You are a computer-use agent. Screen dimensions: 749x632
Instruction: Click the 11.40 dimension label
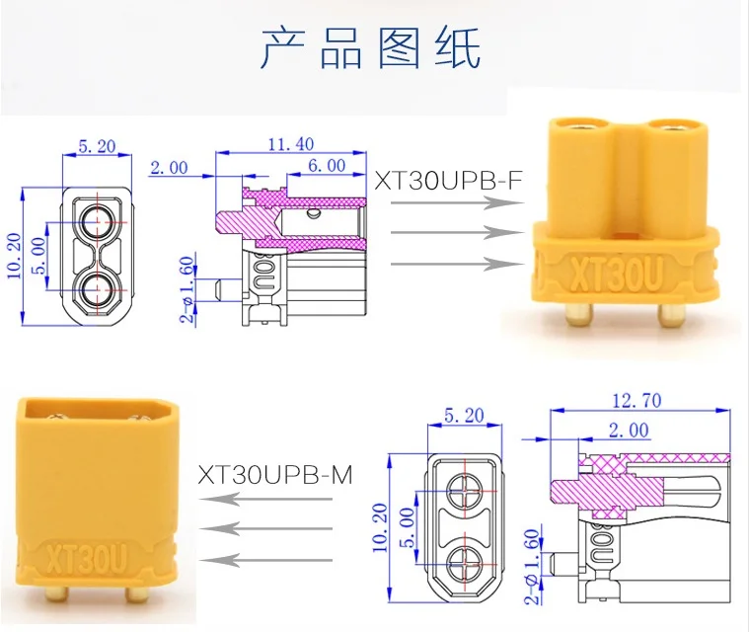290,144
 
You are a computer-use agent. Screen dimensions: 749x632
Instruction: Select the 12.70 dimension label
637,400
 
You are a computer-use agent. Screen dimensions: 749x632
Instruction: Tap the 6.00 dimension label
327,166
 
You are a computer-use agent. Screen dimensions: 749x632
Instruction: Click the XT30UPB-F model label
448,181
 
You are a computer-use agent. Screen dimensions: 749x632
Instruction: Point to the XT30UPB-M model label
275,475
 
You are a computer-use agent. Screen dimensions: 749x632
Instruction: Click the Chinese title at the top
371,47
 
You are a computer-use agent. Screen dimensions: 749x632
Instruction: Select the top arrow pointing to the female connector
457,202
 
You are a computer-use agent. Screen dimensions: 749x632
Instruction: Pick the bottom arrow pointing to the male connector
265,560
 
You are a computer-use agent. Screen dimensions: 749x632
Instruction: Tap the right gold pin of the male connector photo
137,594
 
